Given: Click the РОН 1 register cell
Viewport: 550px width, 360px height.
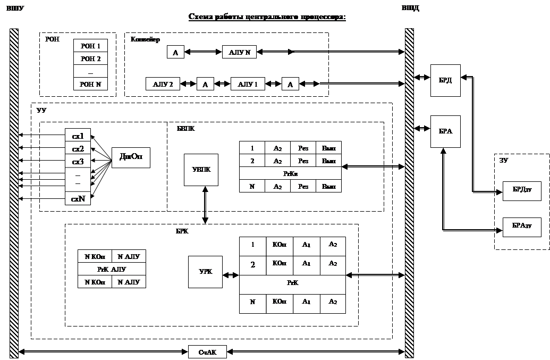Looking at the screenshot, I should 90,46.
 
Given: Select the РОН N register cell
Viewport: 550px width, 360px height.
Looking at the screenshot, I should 90,83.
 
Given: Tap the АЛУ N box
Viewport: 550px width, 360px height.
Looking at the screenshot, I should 239,52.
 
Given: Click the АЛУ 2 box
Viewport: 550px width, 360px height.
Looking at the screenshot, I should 163,84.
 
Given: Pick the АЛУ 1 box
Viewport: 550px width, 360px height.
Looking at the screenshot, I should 248,84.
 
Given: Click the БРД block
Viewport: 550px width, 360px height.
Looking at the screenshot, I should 445,81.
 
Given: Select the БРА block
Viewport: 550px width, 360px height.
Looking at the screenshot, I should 445,131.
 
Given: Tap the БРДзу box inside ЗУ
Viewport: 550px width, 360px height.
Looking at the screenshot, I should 522,190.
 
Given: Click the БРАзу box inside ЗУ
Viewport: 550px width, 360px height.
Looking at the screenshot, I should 522,227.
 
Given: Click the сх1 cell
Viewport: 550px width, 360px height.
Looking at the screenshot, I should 78,136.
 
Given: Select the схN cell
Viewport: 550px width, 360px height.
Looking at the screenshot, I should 78,198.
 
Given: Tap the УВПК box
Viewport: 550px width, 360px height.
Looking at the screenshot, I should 201,170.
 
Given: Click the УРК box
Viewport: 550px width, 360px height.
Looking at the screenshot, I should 205,272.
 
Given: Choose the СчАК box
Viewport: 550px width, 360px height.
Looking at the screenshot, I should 207,352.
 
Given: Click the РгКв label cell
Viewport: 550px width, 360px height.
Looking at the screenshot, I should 290,173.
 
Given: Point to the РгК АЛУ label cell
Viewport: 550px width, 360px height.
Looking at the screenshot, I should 112,269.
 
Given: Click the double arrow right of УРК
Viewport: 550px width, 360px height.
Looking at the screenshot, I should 231,275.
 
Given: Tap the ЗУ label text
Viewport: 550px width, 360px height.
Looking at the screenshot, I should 503,160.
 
